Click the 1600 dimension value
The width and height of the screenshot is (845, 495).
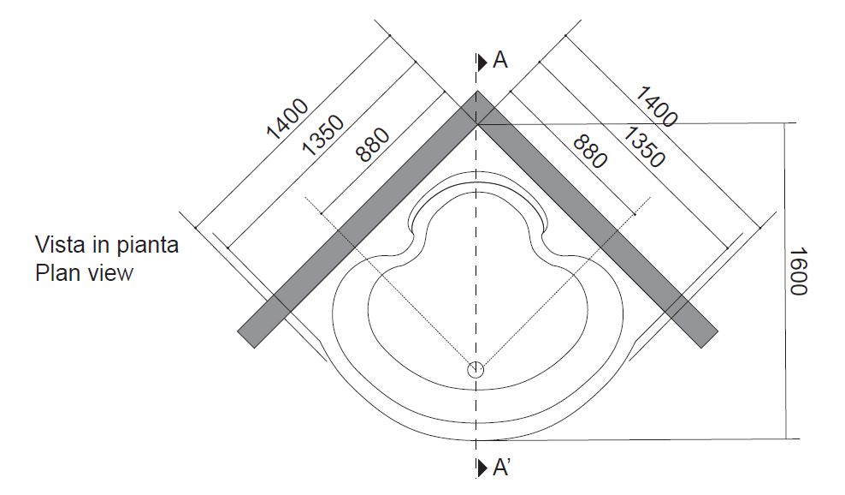pos(797,271)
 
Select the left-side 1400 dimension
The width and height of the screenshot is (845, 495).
pos(287,119)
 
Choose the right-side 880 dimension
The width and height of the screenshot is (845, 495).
pos(590,150)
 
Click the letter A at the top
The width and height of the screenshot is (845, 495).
pos(501,61)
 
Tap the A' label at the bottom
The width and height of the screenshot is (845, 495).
pos(503,468)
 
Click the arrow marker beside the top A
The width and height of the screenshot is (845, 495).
pos(483,62)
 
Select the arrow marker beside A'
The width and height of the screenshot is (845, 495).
pos(483,468)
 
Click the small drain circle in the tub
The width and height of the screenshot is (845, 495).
pos(476,370)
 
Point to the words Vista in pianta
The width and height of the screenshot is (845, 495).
pos(107,245)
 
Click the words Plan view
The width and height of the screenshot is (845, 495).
pos(84,273)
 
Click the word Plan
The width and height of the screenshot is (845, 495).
pos(56,273)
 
